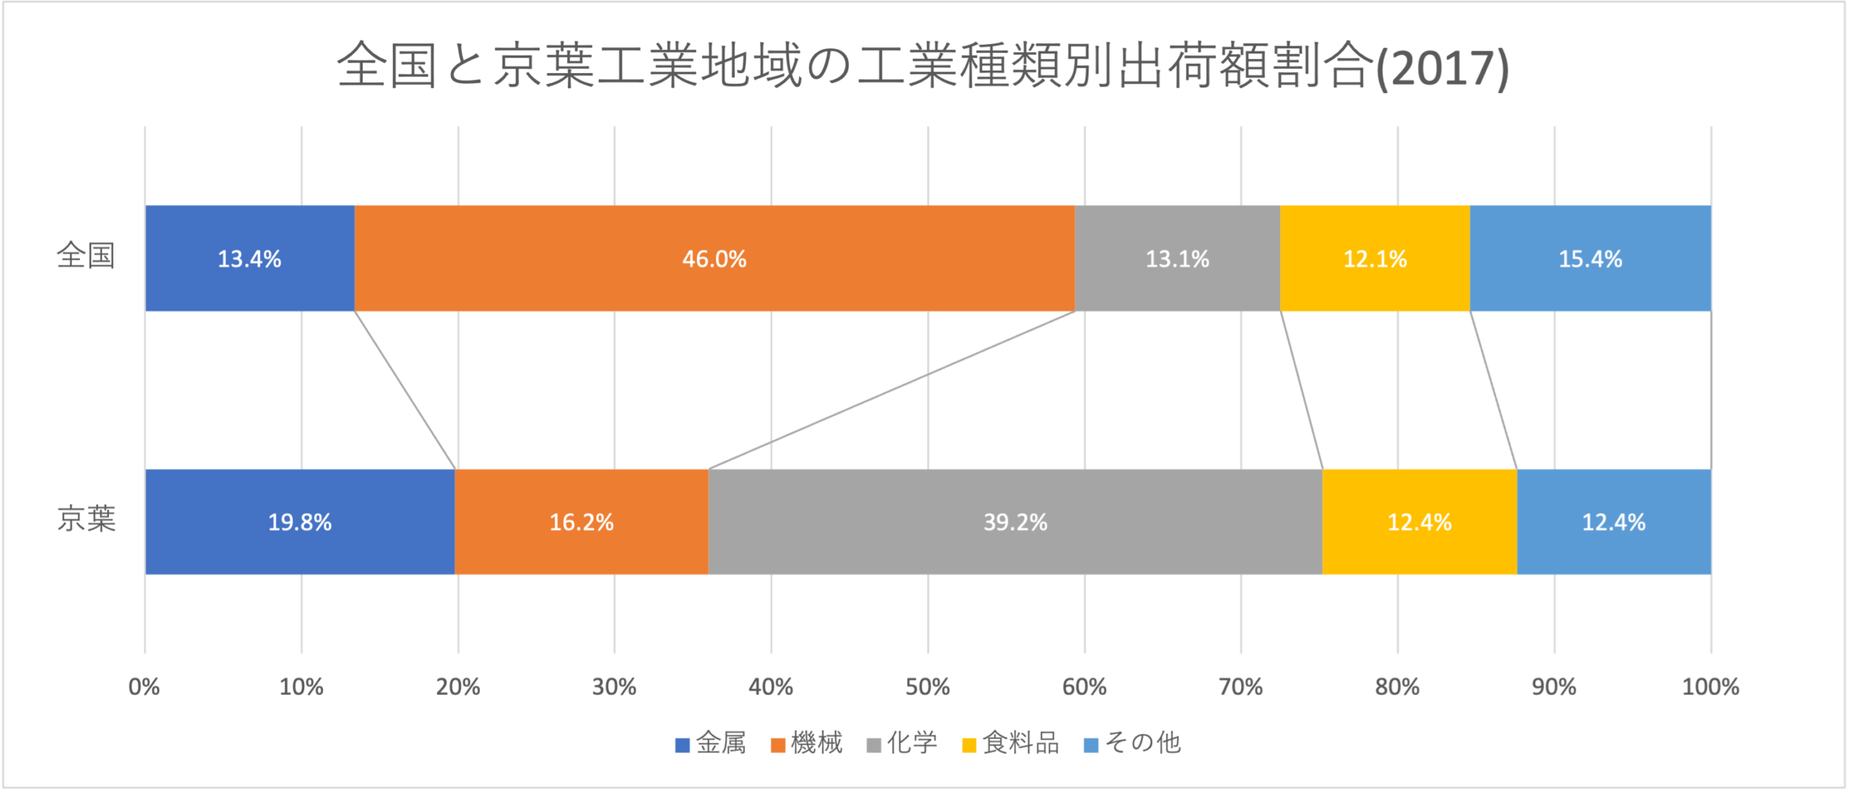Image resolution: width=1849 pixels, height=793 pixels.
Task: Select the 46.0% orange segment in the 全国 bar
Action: pos(714,259)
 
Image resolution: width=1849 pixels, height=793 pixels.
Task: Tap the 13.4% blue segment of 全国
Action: pos(250,259)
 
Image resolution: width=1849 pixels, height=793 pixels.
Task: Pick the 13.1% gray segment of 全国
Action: pos(1177,259)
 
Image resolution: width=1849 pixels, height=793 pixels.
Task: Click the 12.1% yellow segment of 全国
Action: pos(1374,259)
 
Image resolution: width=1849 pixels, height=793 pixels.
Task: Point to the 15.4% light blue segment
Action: pos(1590,259)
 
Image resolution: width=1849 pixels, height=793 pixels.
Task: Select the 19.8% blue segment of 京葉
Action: pos(300,522)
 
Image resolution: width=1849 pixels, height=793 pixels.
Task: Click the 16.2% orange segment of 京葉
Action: pos(581,522)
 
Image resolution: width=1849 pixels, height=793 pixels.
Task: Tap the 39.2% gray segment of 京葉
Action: pos(1015,522)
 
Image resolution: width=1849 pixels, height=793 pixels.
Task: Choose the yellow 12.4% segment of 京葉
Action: pos(1419,522)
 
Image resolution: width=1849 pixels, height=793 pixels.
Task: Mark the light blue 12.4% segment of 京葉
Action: pos(1614,522)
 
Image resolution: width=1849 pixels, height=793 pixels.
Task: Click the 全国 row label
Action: pos(86,256)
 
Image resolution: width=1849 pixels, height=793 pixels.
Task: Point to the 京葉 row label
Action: pos(86,519)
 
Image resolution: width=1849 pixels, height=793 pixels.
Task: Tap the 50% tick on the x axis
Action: pos(927,686)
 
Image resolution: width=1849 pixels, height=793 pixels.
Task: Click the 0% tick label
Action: pos(144,686)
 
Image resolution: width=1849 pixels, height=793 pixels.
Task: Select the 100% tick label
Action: pos(1710,686)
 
